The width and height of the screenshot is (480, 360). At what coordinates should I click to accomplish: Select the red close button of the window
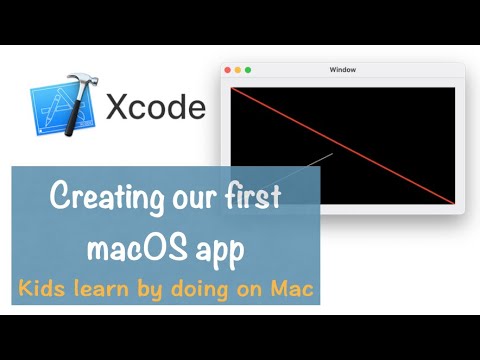coord(228,70)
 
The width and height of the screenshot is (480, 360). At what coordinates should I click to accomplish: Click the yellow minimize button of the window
coord(238,70)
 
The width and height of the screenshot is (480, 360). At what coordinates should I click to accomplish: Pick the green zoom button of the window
coord(248,70)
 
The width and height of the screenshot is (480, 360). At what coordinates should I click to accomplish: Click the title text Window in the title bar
coord(342,70)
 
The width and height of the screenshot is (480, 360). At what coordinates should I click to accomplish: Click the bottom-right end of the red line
coord(453,203)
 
